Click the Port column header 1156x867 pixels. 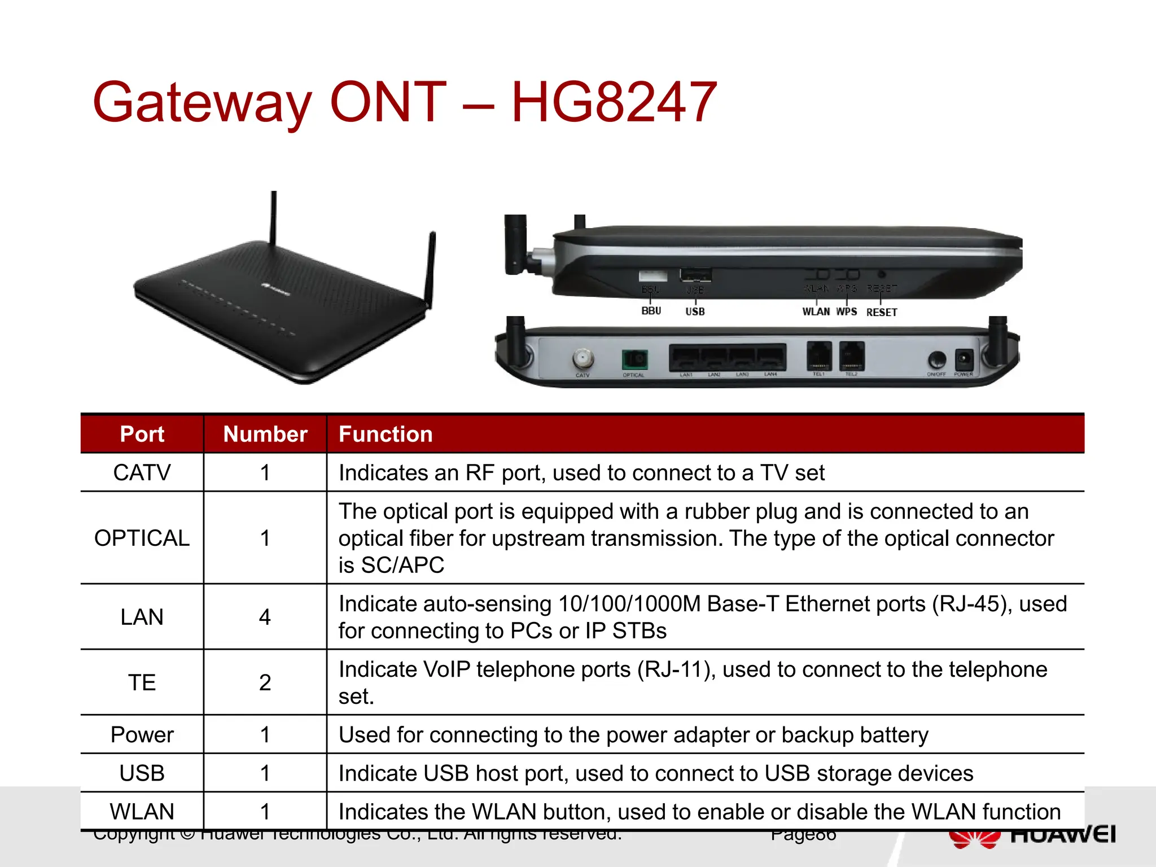142,434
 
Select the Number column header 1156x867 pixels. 265,434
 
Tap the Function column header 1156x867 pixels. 386,434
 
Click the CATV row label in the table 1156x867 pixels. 142,472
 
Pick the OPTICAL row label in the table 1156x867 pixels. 142,538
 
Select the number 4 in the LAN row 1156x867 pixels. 265,617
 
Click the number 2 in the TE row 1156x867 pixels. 265,682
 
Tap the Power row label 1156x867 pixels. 142,735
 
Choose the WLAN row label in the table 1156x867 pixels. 142,812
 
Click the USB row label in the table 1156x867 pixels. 142,773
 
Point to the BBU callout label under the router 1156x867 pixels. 651,311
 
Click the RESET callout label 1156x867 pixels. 881,312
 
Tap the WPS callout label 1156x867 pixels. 846,312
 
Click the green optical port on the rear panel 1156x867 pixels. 635,359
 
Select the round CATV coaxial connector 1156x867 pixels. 583,358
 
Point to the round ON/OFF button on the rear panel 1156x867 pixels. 937,359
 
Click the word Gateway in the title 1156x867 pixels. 202,103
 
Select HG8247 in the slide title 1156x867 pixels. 614,103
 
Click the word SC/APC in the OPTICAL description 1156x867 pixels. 402,565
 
